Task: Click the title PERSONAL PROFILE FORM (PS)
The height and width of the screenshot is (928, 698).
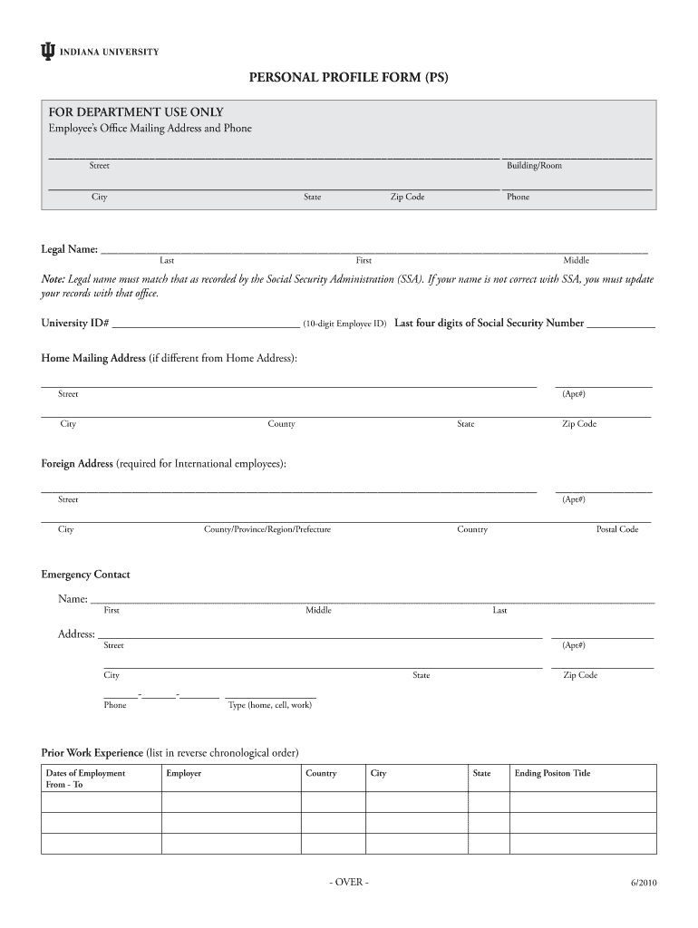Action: click(349, 79)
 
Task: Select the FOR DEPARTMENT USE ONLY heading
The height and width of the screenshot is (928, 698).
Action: click(136, 111)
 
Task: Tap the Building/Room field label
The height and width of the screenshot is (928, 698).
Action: click(534, 166)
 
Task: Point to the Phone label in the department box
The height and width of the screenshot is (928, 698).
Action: click(518, 197)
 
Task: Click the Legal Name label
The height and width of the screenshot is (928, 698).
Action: click(69, 249)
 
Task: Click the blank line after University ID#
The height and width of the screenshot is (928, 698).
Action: click(207, 324)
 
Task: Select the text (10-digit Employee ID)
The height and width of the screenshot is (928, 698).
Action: click(344, 324)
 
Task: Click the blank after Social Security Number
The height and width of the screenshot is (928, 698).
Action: click(621, 324)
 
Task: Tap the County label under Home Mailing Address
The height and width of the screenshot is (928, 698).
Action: click(281, 424)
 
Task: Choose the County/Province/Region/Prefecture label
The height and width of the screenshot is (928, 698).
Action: click(267, 529)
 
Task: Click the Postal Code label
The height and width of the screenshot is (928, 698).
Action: click(616, 529)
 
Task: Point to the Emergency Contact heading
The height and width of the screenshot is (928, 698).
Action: click(85, 575)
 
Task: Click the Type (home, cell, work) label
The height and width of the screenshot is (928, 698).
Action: click(269, 705)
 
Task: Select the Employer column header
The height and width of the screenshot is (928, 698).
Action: click(183, 773)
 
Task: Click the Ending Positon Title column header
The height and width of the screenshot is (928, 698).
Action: click(552, 773)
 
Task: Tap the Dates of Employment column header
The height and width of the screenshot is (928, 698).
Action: click(85, 773)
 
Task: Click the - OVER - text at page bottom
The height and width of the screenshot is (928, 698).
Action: click(349, 883)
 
